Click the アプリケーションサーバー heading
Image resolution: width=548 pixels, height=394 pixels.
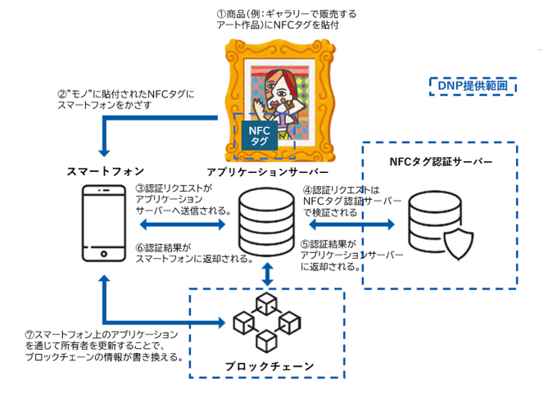click(x=267, y=174)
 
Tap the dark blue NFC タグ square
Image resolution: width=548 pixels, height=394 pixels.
click(x=259, y=134)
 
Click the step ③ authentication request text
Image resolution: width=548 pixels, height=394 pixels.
click(x=182, y=198)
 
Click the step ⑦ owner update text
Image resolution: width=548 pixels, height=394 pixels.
click(x=102, y=346)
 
